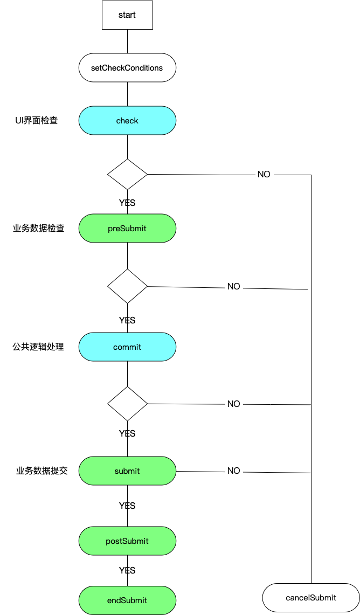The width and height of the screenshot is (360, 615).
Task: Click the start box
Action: click(x=127, y=15)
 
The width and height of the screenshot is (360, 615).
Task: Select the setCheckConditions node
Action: click(x=127, y=68)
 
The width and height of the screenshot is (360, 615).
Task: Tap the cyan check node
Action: click(x=127, y=121)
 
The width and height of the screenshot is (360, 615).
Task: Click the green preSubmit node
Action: click(x=127, y=228)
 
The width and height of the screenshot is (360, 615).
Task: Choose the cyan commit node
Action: click(x=127, y=347)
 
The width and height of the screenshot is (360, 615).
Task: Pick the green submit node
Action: click(x=127, y=471)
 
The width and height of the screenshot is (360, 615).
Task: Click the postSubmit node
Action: click(x=127, y=541)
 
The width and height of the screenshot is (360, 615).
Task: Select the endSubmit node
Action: click(x=127, y=600)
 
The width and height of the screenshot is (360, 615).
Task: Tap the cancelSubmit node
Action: click(x=311, y=598)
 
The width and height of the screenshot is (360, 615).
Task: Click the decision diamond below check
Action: click(x=127, y=174)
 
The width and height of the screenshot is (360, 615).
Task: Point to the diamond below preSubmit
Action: click(x=127, y=286)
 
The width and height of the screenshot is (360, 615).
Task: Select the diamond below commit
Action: click(x=127, y=404)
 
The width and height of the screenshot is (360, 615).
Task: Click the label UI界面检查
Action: click(x=37, y=121)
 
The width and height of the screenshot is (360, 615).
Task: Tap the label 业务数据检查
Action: click(x=39, y=228)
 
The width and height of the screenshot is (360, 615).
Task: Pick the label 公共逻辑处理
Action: click(x=39, y=347)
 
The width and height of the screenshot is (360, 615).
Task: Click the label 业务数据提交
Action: click(x=42, y=471)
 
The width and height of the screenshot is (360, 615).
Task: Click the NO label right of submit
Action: click(x=233, y=471)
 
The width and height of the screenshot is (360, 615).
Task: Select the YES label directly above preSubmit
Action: click(x=127, y=203)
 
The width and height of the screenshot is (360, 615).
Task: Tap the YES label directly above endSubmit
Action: click(x=127, y=570)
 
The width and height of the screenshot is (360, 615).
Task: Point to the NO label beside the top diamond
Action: click(x=264, y=175)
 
